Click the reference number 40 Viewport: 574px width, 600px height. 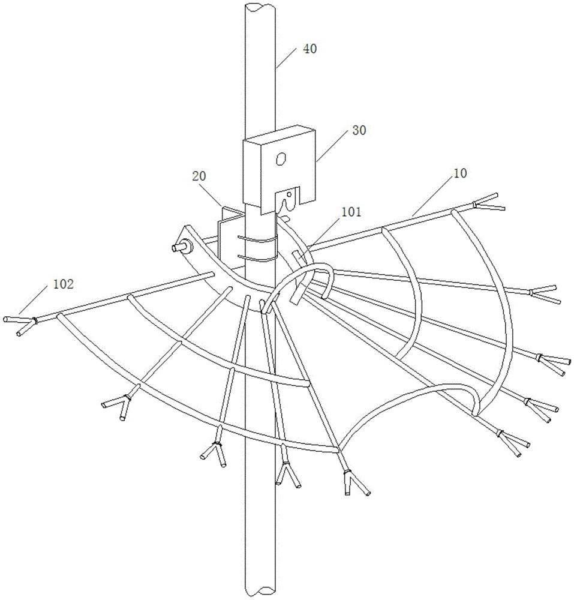click(309, 49)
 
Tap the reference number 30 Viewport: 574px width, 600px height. click(359, 130)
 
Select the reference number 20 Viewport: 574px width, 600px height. click(199, 176)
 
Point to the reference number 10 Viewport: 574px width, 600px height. click(459, 173)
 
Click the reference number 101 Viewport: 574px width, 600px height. click(350, 212)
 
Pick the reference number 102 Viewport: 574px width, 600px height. click(63, 284)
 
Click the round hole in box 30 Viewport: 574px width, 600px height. click(282, 159)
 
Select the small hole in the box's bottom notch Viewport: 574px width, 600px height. click(290, 194)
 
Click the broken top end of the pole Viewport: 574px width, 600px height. click(260, 7)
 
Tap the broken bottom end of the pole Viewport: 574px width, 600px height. click(261, 592)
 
